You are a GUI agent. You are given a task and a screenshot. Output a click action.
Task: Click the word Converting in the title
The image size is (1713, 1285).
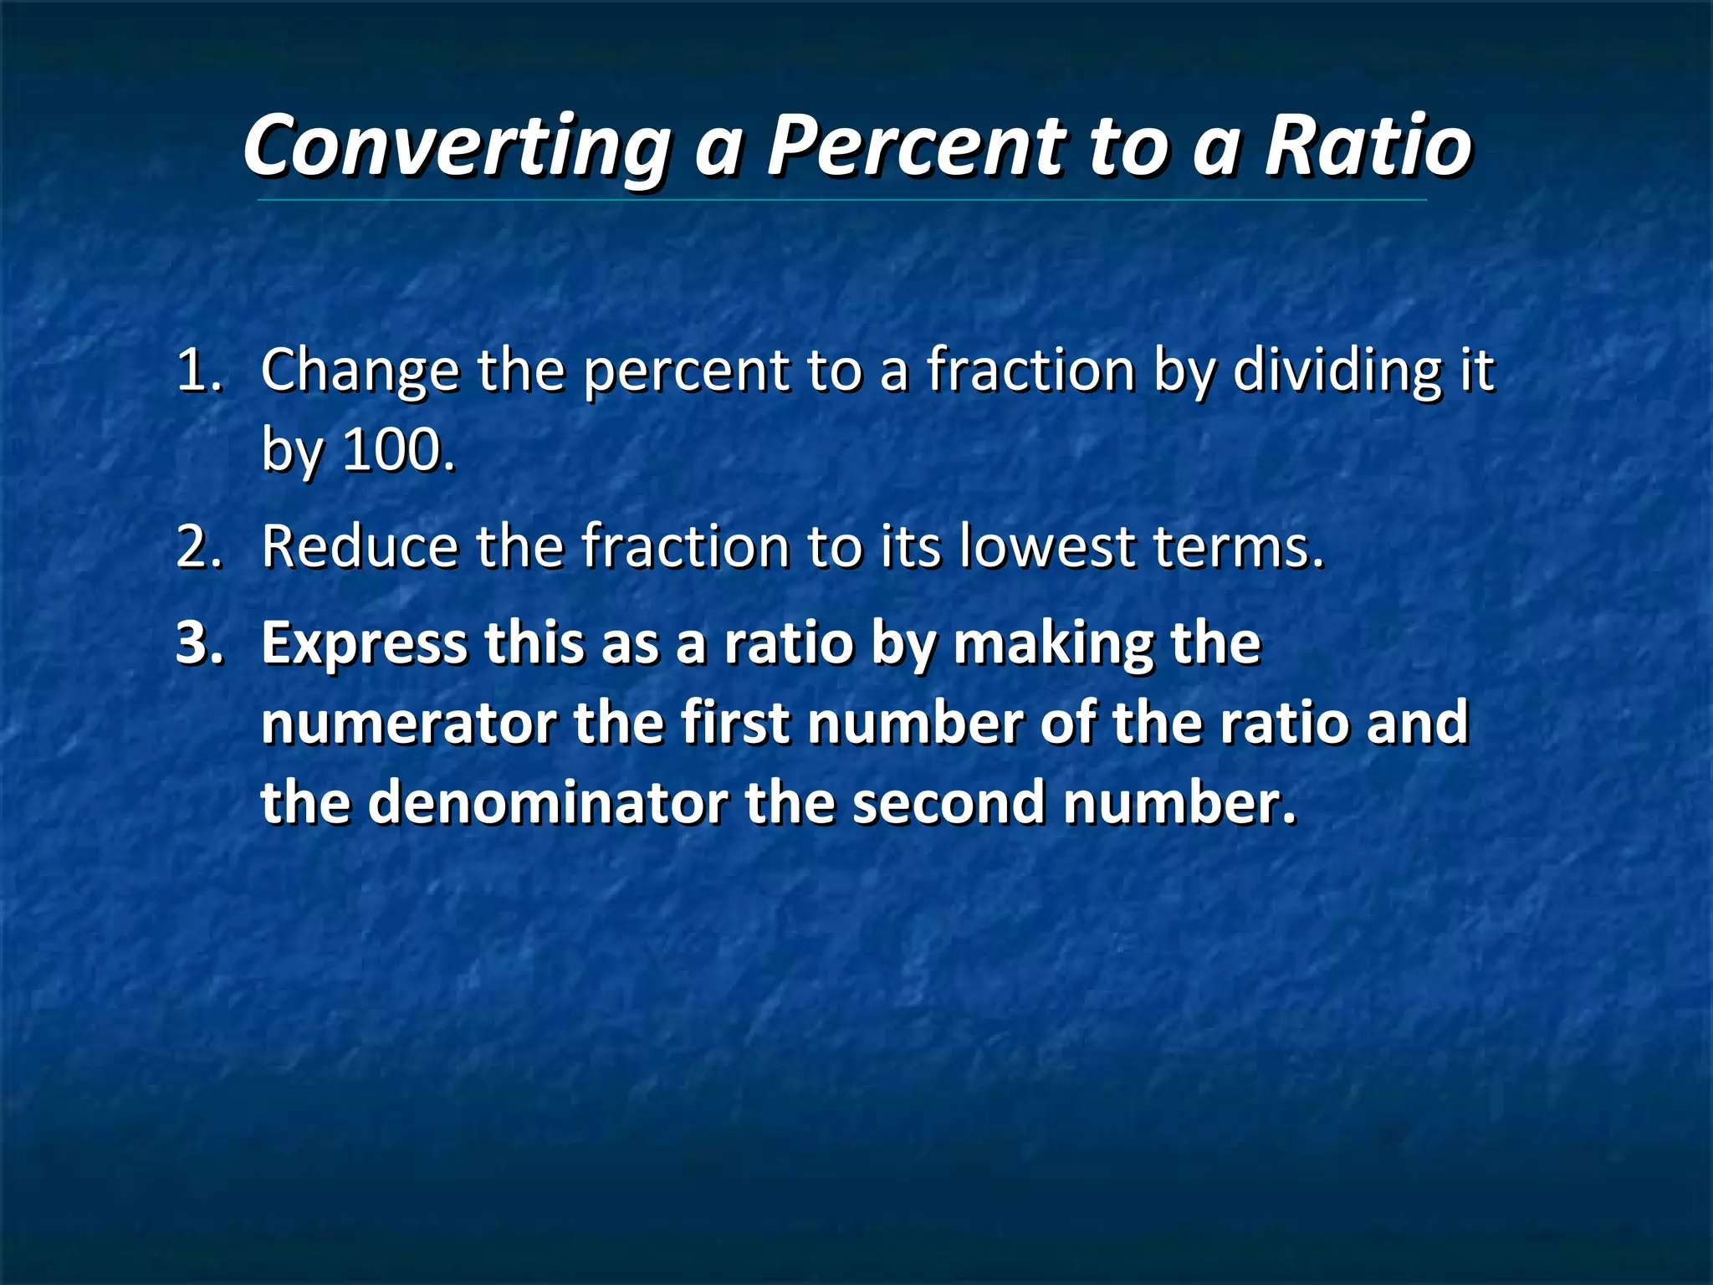click(x=457, y=146)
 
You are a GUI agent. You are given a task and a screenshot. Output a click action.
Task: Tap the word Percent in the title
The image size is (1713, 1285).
click(x=917, y=146)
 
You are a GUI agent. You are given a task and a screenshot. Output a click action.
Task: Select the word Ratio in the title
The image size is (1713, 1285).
click(x=1368, y=146)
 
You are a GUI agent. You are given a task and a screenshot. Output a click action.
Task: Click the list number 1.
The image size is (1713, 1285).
click(x=199, y=370)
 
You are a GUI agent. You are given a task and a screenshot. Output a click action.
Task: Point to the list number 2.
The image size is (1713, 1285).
click(x=199, y=546)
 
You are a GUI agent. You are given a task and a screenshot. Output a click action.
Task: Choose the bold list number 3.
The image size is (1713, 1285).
click(x=199, y=643)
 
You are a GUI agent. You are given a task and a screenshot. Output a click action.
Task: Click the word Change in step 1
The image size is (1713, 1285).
click(x=360, y=370)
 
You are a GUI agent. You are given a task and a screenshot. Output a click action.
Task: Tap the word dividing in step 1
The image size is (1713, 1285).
click(x=1337, y=370)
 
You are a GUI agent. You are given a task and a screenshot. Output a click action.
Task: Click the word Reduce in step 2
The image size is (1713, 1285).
click(x=360, y=546)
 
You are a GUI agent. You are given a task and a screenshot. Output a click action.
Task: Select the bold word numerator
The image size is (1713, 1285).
click(x=409, y=723)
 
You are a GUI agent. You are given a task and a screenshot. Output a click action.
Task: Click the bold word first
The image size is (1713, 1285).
click(x=735, y=723)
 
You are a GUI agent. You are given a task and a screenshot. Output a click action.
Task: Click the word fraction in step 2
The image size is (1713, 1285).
click(x=686, y=546)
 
